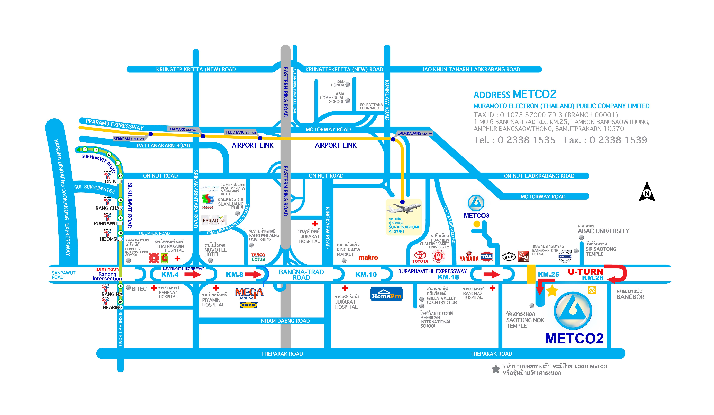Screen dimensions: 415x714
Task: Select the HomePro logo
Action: pos(387,295)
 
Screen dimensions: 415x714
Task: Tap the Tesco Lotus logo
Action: pos(258,257)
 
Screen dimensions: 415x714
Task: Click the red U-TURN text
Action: pos(585,272)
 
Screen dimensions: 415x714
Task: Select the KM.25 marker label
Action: pos(548,274)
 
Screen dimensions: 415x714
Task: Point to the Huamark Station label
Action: pos(182,129)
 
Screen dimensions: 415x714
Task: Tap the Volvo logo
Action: pos(565,257)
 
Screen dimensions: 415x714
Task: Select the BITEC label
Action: pos(139,289)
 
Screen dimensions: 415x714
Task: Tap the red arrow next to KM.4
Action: pos(193,274)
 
